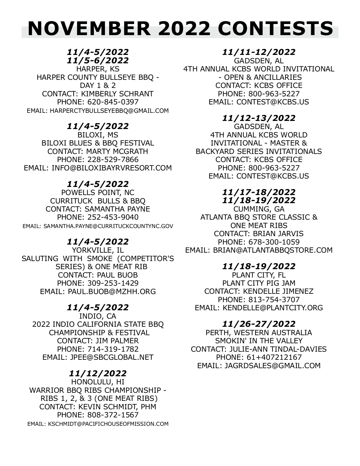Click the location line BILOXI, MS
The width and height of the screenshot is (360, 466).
pyautogui.click(x=98, y=135)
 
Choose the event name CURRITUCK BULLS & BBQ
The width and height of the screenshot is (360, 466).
pyautogui.click(x=98, y=200)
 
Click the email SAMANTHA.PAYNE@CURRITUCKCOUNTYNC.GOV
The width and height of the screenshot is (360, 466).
pyautogui.click(x=108, y=226)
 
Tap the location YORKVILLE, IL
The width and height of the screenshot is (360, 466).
pyautogui.click(x=98, y=250)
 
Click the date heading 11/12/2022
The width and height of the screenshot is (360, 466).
pyautogui.click(x=98, y=373)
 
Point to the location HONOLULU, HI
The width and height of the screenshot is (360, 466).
pyautogui.click(x=98, y=382)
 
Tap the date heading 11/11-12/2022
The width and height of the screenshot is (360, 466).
pyautogui.click(x=259, y=52)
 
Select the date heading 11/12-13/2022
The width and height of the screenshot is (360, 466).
pyautogui.click(x=259, y=118)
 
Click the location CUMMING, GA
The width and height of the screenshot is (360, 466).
pyautogui.click(x=259, y=209)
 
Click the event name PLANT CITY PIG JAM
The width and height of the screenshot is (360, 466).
pyautogui.click(x=259, y=283)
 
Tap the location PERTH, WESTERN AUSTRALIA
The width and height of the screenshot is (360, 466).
pyautogui.click(x=259, y=333)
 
